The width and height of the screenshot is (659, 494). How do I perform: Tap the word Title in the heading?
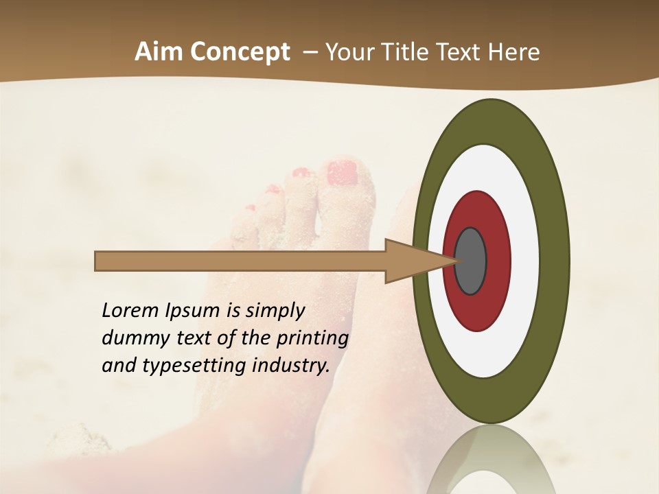click(407, 52)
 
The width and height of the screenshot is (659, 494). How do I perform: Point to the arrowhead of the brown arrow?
click(419, 261)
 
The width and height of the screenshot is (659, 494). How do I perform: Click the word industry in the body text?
click(290, 366)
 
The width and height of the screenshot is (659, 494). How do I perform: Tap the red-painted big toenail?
click(343, 172)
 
